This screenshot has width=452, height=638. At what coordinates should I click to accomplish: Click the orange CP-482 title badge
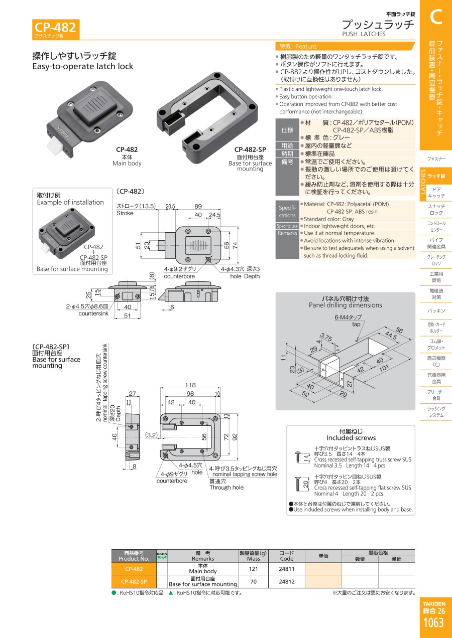[x=55, y=27]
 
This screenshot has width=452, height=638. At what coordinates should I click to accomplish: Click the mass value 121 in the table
[x=253, y=569]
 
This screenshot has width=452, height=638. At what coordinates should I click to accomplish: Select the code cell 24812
[x=287, y=582]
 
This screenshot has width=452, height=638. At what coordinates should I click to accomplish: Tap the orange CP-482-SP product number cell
[x=134, y=582]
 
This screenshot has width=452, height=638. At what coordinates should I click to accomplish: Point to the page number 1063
[x=433, y=623]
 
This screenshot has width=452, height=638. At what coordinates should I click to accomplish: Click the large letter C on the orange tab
[x=435, y=17]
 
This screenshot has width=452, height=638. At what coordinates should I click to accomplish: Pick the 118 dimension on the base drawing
[x=190, y=385]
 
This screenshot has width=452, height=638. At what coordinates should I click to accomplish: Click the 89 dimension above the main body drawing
[x=198, y=206]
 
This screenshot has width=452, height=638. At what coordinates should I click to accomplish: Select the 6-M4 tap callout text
[x=348, y=318]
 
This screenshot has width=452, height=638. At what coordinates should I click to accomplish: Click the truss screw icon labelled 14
[x=297, y=456]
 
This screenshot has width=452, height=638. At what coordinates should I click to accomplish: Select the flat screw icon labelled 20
[x=297, y=485]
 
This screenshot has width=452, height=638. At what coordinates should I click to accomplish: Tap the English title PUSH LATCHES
[x=364, y=34]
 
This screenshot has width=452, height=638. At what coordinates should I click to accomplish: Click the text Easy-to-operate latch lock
[x=83, y=66]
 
